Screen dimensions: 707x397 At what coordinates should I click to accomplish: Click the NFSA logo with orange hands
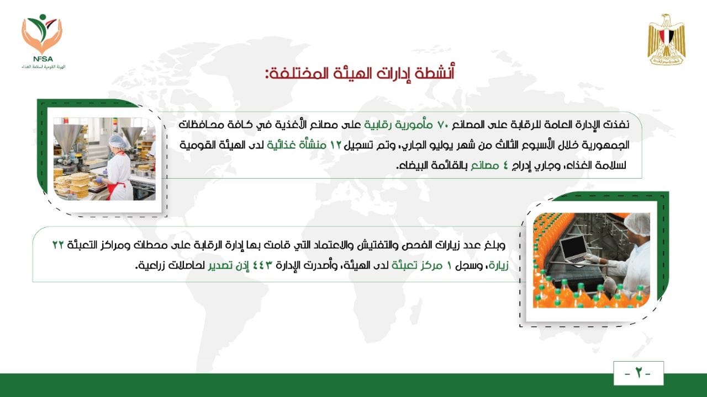click(x=43, y=41)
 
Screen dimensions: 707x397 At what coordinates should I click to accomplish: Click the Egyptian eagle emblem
click(x=667, y=39)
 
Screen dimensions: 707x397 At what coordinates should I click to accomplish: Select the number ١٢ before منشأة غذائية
click(x=336, y=145)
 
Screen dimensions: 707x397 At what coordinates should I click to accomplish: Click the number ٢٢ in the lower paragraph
click(x=58, y=245)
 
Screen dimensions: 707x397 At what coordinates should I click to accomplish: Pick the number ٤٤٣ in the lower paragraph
click(x=262, y=265)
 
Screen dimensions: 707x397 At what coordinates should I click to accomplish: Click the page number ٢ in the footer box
click(x=638, y=373)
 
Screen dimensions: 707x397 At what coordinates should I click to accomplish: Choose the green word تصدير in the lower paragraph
click(x=220, y=266)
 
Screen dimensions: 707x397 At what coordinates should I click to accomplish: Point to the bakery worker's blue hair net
click(x=118, y=142)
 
